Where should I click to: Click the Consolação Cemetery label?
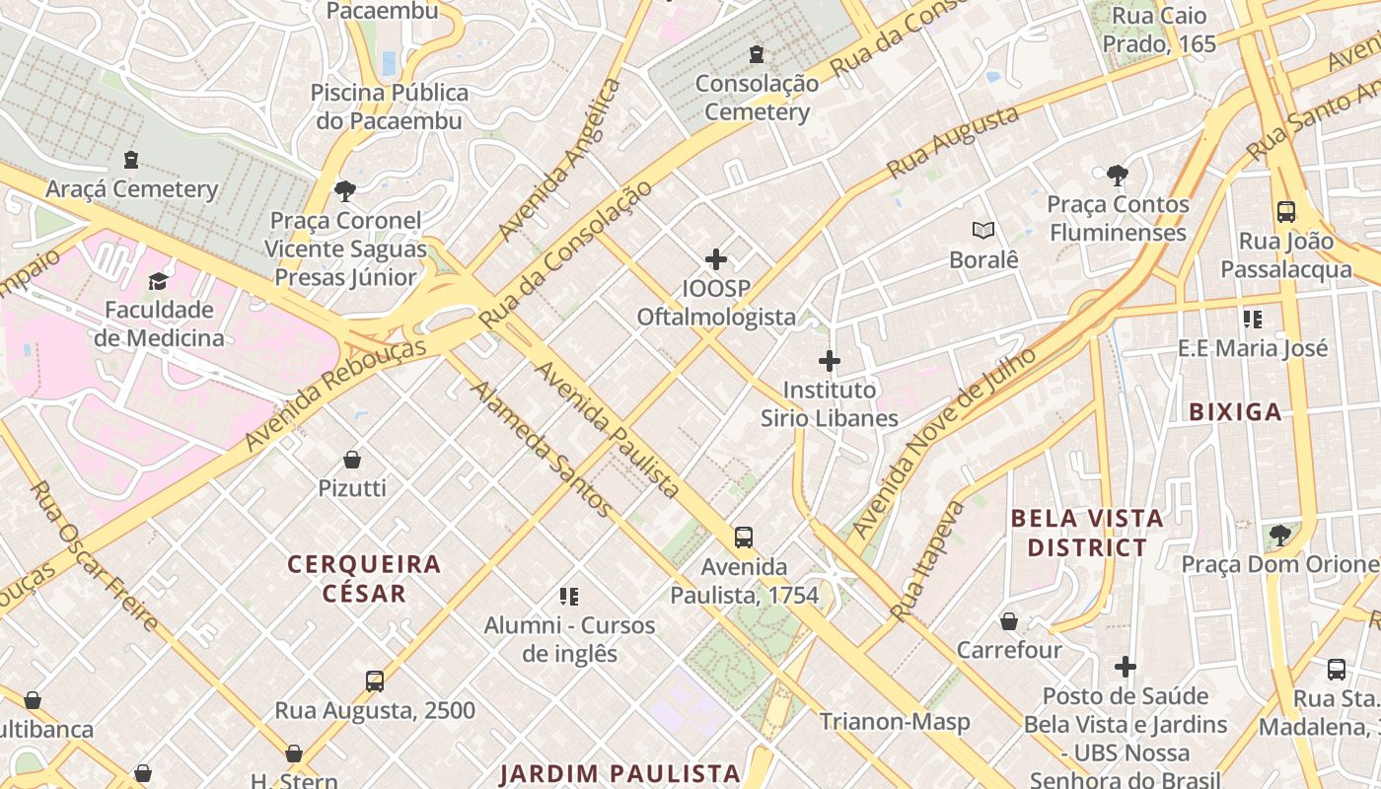[x=757, y=98]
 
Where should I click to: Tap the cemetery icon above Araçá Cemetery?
[x=130, y=160]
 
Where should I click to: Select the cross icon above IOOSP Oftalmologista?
[x=716, y=260]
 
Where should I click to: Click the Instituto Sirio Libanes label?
[x=829, y=403]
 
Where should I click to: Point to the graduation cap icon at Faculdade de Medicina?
[x=158, y=282]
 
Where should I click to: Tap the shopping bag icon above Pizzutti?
[x=352, y=460]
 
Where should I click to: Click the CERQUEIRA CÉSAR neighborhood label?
[x=364, y=579]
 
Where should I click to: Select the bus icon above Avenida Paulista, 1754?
[x=744, y=538]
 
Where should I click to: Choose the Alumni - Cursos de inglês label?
[x=569, y=639]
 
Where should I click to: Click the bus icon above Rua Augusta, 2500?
[x=375, y=681]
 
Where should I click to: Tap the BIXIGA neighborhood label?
[x=1235, y=412]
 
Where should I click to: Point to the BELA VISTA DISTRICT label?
[x=1087, y=533]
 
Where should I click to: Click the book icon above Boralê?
[x=982, y=231]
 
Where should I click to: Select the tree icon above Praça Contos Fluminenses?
[x=1118, y=176]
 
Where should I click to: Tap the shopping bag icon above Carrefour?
[x=1009, y=621]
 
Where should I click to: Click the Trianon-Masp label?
[x=895, y=722]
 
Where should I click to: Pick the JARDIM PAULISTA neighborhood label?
[x=619, y=773]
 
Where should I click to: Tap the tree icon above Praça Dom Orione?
[x=1279, y=536]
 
